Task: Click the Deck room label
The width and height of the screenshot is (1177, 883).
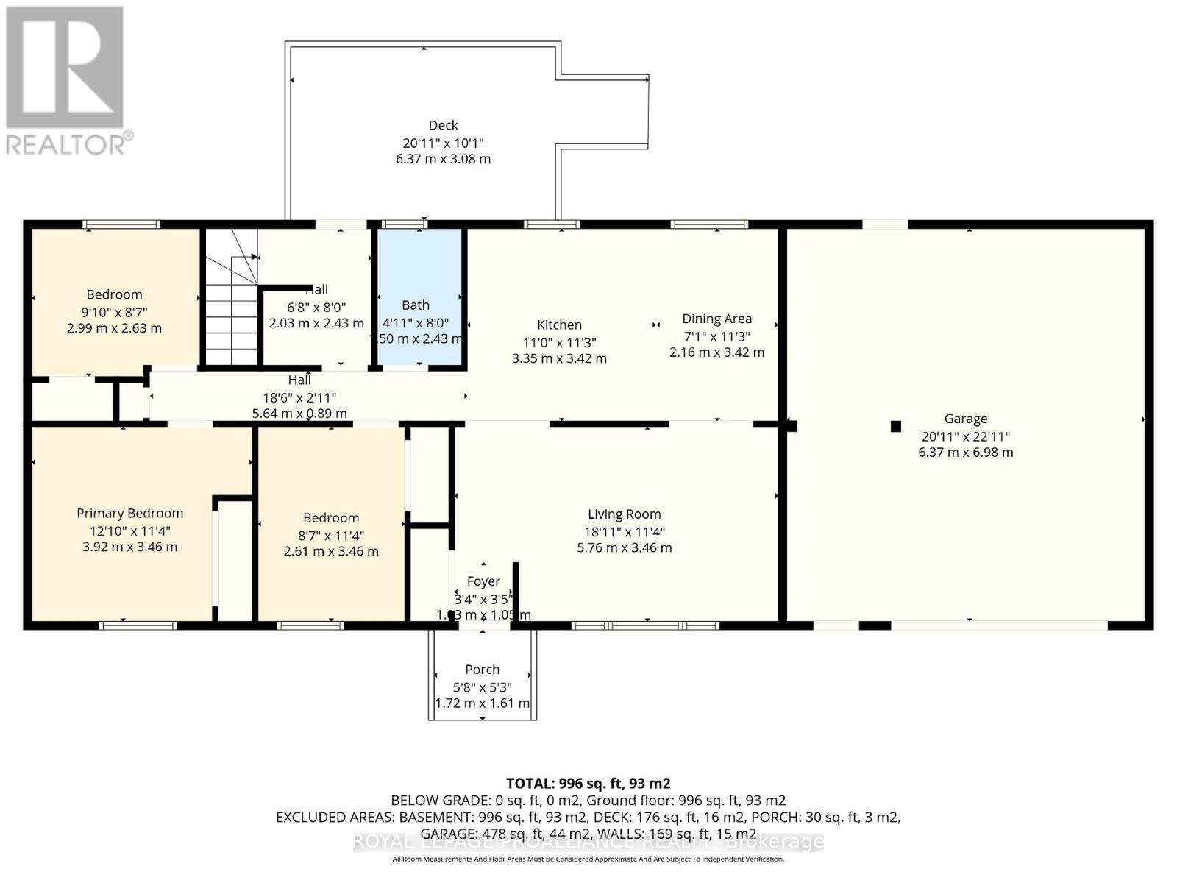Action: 443,126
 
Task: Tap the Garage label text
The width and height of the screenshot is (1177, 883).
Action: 965,419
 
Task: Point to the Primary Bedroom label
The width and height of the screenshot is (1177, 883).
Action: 129,514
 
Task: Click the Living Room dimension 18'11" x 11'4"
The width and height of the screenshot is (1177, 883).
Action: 624,531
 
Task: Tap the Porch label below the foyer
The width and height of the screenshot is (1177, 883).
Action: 482,670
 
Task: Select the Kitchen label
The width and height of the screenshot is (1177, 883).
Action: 559,325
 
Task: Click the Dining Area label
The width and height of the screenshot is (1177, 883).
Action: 716,319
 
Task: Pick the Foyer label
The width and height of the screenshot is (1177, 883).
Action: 483,581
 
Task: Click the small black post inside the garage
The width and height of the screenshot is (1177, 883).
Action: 895,426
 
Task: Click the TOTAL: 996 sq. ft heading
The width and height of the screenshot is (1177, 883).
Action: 588,784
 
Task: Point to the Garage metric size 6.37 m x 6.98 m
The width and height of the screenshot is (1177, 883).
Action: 965,453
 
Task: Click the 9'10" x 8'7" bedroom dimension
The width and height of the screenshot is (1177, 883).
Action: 114,311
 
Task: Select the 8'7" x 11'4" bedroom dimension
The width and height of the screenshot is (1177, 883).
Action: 331,535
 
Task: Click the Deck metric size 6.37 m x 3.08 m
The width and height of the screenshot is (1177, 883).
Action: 443,159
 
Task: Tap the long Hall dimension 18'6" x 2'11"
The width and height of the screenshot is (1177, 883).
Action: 299,397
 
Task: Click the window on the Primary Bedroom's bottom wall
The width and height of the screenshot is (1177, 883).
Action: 138,625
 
